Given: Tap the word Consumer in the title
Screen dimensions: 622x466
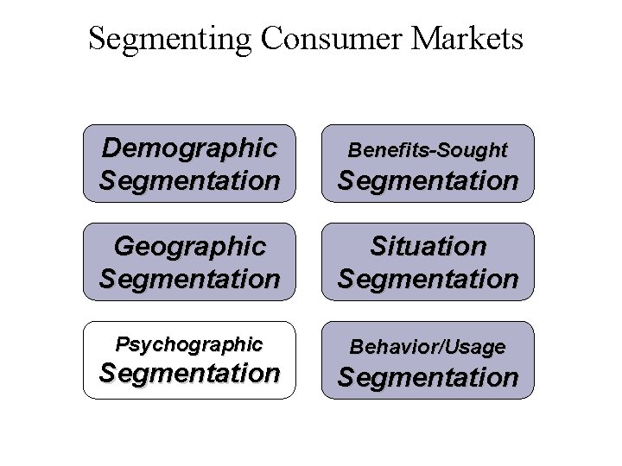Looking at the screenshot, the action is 310,38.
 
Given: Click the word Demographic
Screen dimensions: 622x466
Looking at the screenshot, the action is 189,148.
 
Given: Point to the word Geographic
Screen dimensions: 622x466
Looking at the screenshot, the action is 189,247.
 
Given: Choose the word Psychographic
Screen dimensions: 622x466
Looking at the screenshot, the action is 189,344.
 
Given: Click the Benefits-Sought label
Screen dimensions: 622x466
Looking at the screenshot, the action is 428,150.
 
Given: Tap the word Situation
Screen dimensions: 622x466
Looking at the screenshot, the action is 428,247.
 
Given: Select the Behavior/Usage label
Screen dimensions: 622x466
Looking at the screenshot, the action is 428,347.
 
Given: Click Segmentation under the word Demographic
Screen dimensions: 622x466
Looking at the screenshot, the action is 189,180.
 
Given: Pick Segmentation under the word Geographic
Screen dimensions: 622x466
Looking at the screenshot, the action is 189,279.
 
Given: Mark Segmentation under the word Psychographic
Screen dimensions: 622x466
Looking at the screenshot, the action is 189,373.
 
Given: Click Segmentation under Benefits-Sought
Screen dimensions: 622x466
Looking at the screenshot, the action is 428,180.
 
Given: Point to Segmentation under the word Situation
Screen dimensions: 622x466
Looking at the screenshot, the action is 428,279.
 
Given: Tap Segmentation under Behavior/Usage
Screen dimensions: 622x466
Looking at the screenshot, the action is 428,377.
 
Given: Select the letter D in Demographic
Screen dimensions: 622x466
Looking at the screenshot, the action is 111,148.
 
